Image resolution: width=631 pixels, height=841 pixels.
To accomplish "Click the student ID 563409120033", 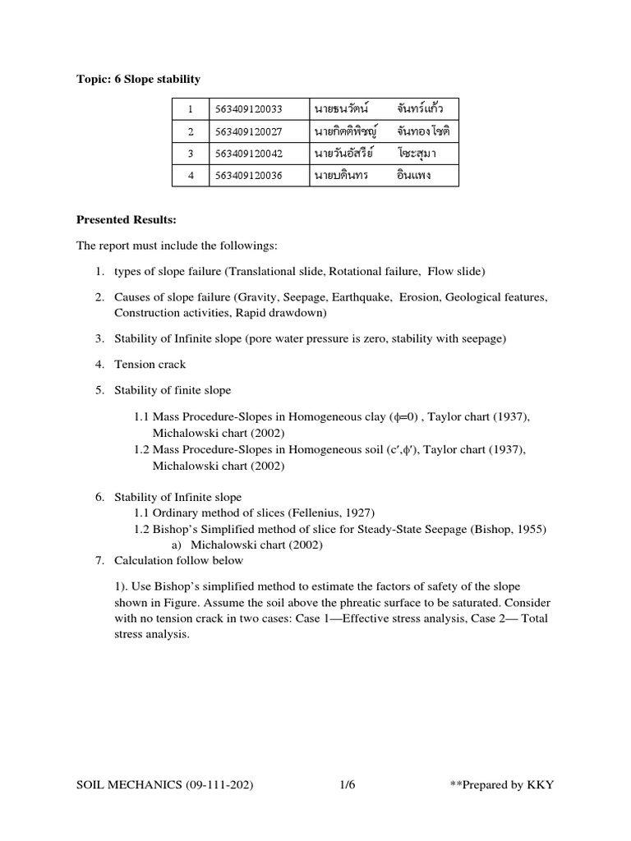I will click(x=248, y=108).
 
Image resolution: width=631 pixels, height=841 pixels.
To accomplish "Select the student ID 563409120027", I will click(x=248, y=131).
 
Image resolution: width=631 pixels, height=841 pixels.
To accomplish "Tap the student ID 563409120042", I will click(x=248, y=153).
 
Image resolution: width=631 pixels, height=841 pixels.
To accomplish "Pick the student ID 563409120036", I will click(x=248, y=175).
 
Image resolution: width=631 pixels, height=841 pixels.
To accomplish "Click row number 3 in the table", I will click(x=190, y=153).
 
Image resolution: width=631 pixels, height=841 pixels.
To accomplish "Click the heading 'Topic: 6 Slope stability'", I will click(x=138, y=79).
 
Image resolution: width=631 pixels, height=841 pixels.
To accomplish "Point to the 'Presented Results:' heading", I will click(x=126, y=220).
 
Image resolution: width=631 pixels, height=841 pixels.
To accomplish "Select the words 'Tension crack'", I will click(x=150, y=364).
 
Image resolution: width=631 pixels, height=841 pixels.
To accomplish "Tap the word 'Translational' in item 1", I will click(x=263, y=271).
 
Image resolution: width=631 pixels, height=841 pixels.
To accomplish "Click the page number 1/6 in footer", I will click(x=348, y=785).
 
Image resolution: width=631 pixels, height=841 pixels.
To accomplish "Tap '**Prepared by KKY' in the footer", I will click(x=502, y=785).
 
